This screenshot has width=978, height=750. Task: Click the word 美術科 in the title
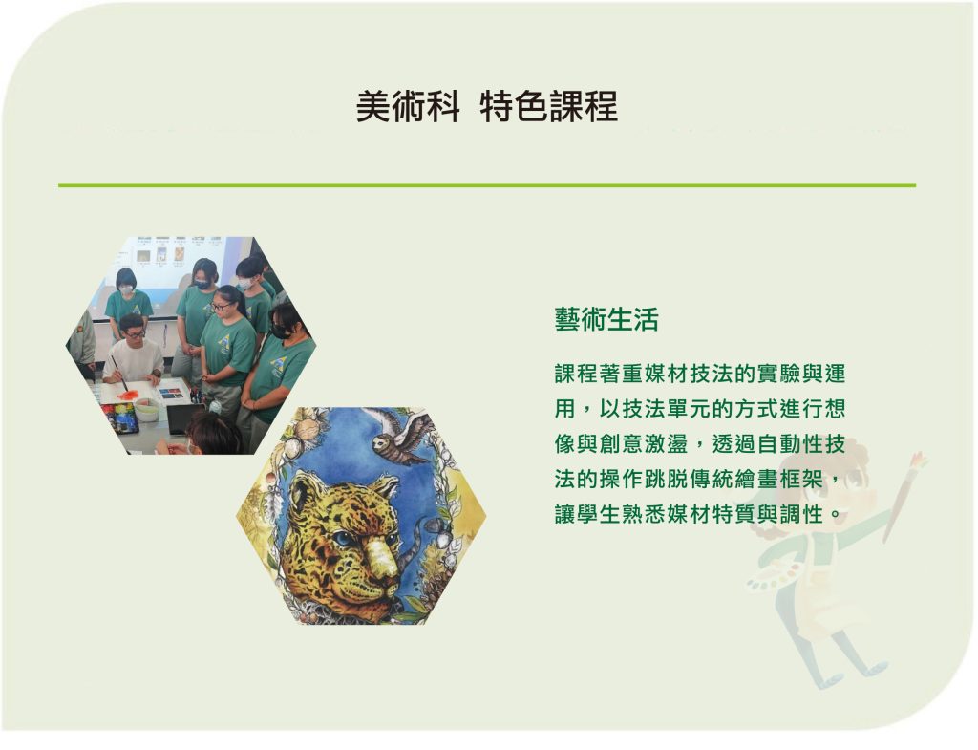pyautogui.click(x=408, y=106)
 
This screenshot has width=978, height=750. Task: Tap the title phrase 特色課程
pyautogui.click(x=549, y=106)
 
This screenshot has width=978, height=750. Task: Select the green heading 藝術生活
pyautogui.click(x=606, y=319)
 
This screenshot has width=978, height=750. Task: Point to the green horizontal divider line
pyautogui.click(x=487, y=185)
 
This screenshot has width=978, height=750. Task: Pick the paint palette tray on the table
pyautogui.click(x=119, y=417)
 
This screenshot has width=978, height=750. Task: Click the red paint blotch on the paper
pyautogui.click(x=127, y=395)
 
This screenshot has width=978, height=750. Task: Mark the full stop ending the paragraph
pyautogui.click(x=836, y=517)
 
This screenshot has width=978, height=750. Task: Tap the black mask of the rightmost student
pyautogui.click(x=280, y=332)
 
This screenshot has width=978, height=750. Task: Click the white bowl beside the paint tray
pyautogui.click(x=147, y=411)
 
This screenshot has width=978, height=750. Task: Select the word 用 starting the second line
pyautogui.click(x=565, y=409)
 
